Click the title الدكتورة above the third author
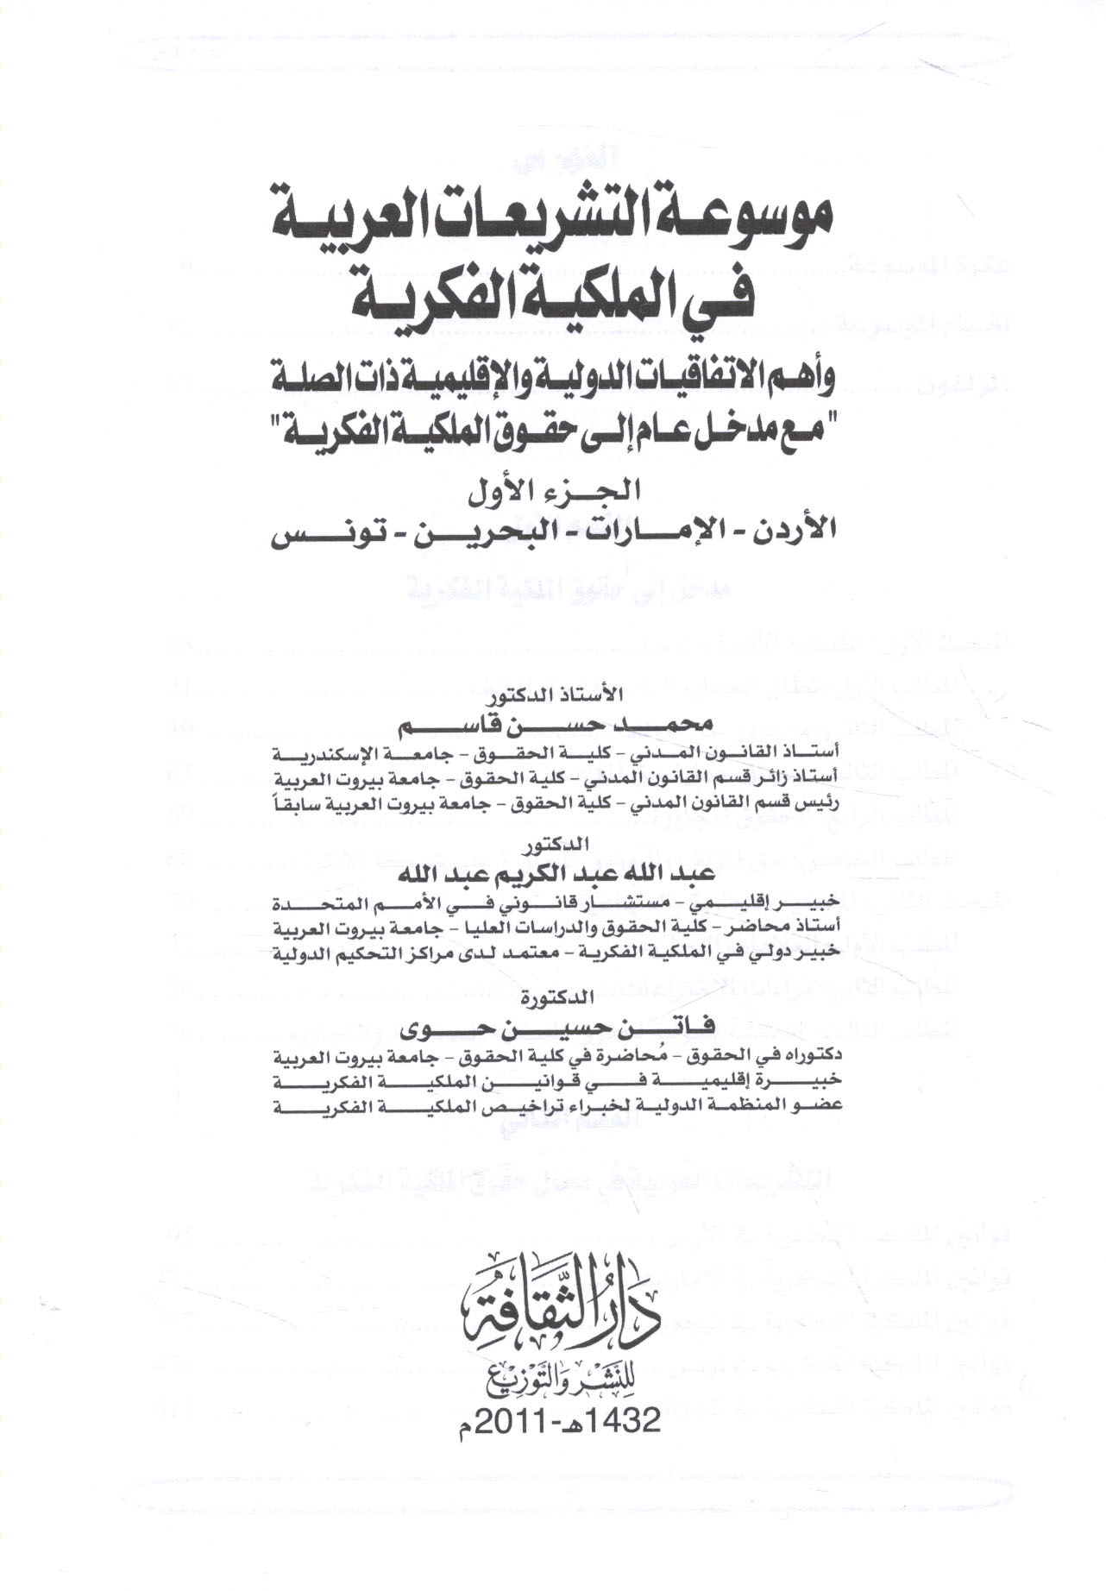(x=556, y=999)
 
